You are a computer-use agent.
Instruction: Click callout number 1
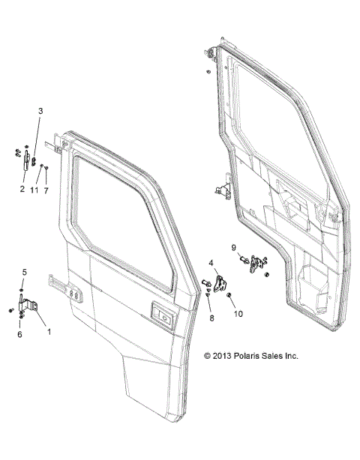point(49,330)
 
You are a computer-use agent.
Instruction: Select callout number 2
point(22,190)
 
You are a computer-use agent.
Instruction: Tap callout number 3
point(41,111)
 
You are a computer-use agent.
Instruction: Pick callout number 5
point(23,272)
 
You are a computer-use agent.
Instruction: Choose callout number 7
point(46,191)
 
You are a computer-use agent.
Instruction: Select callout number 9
point(233,247)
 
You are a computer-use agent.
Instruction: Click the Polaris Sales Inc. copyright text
point(251,356)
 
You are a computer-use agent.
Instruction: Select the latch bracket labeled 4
point(219,283)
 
